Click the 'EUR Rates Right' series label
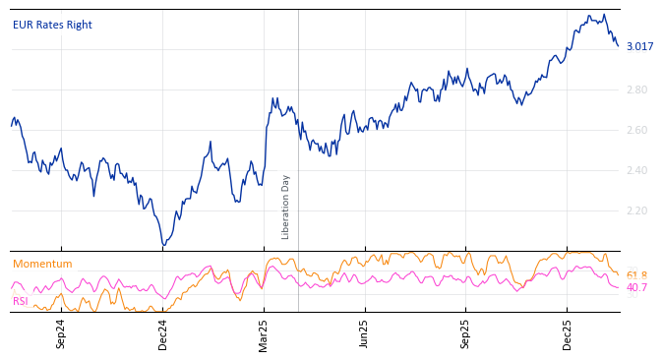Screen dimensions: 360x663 point(52,25)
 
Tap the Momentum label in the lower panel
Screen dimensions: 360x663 point(42,264)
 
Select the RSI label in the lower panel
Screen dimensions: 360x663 point(21,301)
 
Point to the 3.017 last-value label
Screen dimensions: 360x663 point(639,46)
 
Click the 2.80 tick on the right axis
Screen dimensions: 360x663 point(636,90)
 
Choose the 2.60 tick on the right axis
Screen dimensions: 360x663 point(636,130)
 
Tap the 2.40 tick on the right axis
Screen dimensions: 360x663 point(636,170)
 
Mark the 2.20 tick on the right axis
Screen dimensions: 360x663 point(636,210)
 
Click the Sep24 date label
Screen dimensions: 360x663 point(61,333)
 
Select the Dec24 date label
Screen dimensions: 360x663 point(162,333)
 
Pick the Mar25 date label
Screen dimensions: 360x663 point(264,333)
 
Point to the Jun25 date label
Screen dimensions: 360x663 point(364,333)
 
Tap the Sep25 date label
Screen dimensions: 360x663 point(465,333)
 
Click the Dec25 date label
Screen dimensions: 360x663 point(567,333)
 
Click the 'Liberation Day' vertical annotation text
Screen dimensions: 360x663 point(286,207)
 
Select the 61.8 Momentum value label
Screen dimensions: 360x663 point(636,275)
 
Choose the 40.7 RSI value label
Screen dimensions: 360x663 point(636,287)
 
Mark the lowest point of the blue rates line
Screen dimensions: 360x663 point(163,245)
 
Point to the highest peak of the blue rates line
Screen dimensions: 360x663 point(603,14)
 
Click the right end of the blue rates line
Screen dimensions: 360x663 point(618,45)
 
